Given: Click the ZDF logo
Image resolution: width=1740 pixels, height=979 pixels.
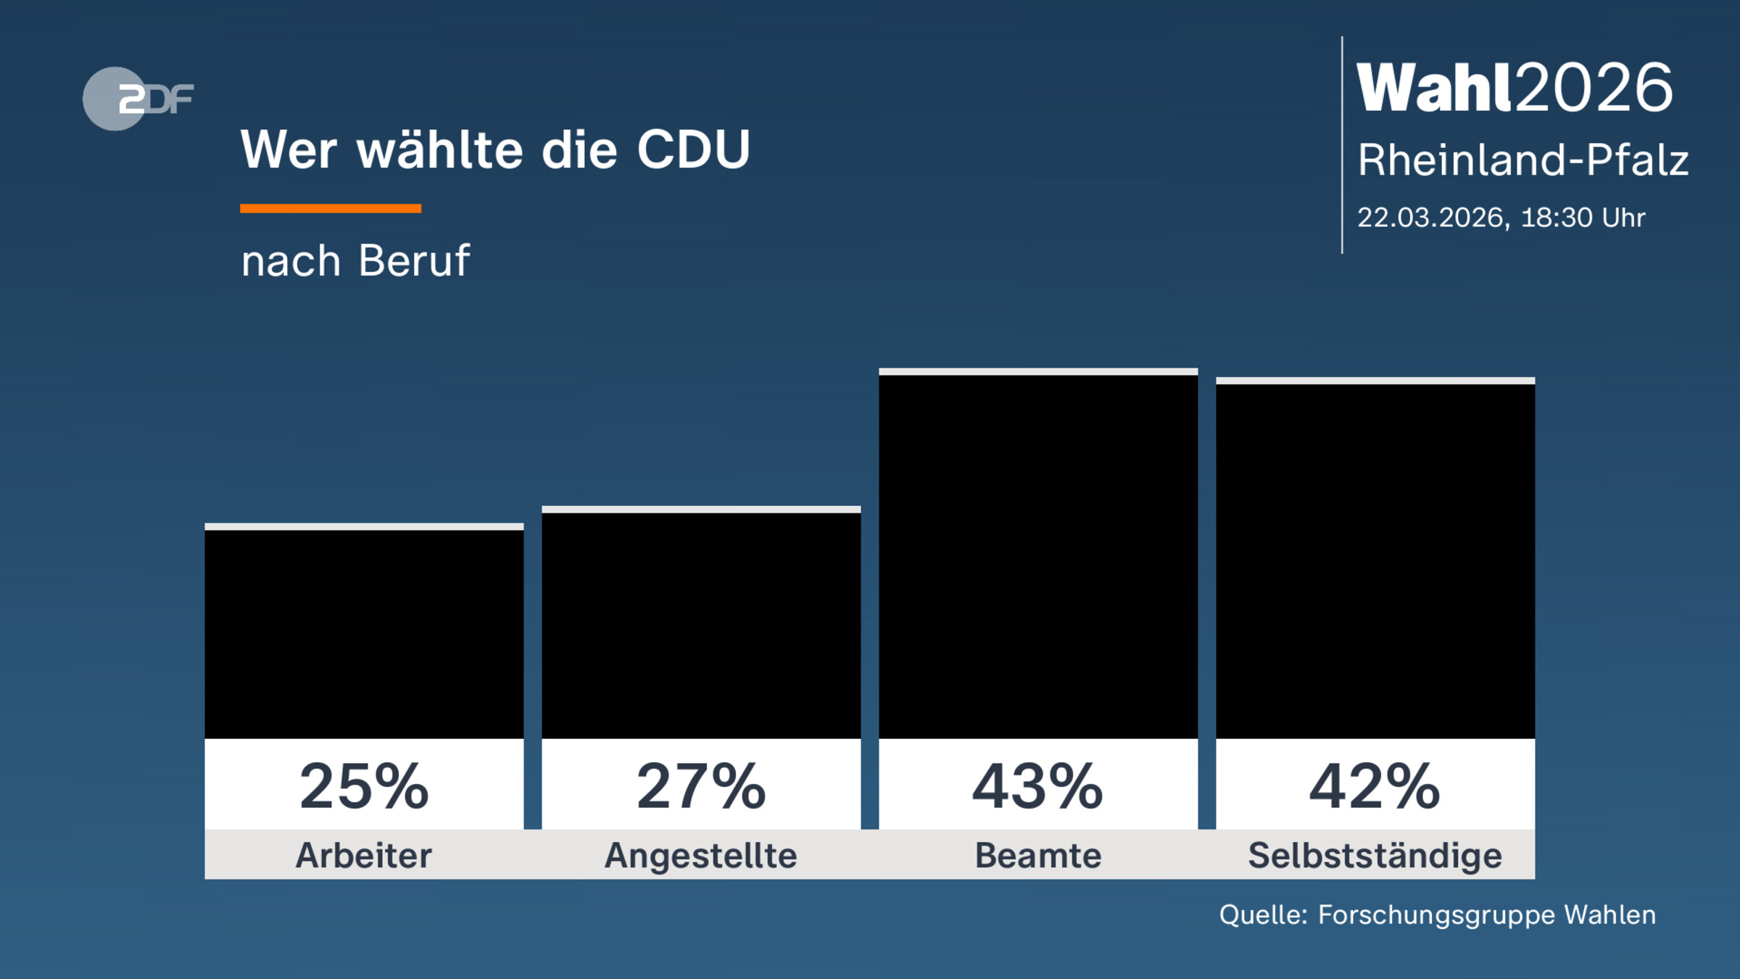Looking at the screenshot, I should [x=138, y=99].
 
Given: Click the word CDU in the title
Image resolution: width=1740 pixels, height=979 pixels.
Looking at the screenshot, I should [x=693, y=150].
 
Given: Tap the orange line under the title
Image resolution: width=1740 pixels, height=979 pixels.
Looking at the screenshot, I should [x=331, y=209].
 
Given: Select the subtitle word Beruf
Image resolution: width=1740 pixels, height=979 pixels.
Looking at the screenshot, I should [x=414, y=261].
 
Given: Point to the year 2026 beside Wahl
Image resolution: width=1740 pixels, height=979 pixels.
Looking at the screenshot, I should [x=1594, y=88].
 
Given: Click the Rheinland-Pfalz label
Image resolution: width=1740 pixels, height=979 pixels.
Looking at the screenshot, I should [x=1522, y=160].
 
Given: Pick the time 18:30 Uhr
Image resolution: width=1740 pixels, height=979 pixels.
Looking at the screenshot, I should [x=1583, y=218].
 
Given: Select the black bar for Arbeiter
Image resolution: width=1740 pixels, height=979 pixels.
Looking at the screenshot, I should [x=364, y=635].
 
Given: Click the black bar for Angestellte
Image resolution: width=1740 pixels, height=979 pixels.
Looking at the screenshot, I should [x=701, y=625].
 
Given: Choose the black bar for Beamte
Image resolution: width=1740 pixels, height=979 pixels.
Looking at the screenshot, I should [x=1038, y=557].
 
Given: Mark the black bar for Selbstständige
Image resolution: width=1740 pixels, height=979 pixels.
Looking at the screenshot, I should [x=1375, y=561].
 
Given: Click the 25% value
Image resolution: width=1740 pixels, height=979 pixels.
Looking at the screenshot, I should [x=364, y=787].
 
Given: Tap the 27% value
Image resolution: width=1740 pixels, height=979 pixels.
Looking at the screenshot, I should [x=701, y=787].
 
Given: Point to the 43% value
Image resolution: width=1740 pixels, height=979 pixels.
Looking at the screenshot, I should [x=1038, y=787].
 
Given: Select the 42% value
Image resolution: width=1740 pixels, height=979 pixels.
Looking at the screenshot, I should [x=1375, y=787].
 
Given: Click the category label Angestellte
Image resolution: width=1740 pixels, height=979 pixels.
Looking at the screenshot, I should [x=701, y=856].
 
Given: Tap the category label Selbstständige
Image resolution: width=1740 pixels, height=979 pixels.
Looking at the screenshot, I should [x=1375, y=856].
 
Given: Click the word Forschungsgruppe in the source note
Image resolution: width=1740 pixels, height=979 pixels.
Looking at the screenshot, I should [x=1435, y=915].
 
